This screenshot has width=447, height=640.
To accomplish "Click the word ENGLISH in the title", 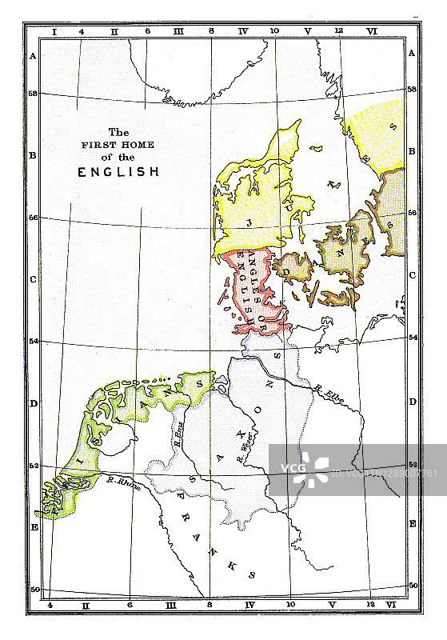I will point(118,171).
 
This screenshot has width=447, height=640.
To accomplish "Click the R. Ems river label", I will point(178,437).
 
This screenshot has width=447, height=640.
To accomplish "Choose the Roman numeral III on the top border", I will point(178,31).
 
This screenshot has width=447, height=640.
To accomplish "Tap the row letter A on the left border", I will point(34,55).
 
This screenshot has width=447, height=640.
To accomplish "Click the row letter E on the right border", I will point(412,523).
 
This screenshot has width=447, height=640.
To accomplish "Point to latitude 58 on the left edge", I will point(34,93).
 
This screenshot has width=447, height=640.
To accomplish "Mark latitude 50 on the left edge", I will point(34,590).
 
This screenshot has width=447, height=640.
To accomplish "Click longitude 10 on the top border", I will point(274,31).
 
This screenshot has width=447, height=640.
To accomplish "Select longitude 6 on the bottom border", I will point(129,606).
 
